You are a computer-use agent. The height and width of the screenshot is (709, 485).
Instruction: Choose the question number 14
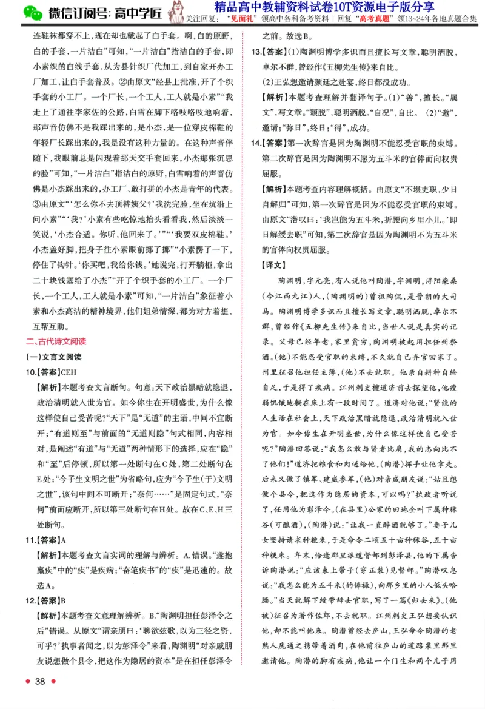pyautogui.click(x=255, y=144)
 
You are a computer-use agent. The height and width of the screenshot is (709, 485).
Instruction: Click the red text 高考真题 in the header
pyautogui.click(x=378, y=18)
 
